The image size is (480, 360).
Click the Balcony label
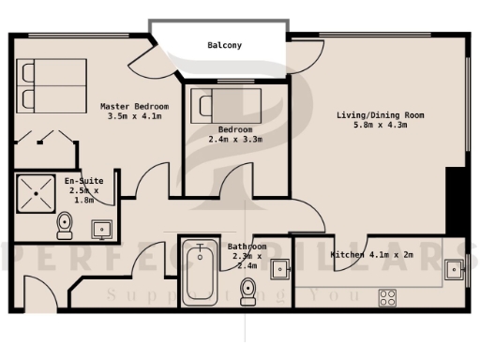224,44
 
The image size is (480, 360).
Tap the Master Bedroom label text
136,106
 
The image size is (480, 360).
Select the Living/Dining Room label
382,115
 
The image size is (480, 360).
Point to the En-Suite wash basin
102,227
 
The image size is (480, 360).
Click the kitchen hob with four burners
387,298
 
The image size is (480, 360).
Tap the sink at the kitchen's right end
454,269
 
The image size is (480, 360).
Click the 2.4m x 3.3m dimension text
234,139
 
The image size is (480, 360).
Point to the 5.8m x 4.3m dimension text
382,126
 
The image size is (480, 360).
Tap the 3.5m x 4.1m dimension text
136,116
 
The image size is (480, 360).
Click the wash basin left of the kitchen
280,270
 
